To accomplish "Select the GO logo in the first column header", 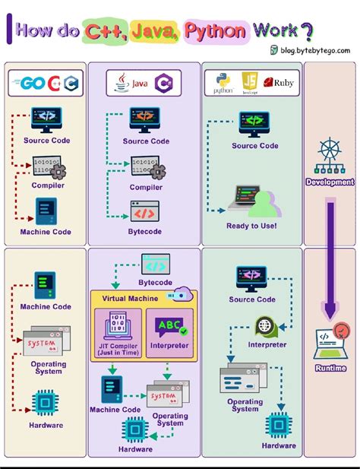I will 31,83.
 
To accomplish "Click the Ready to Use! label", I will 251,226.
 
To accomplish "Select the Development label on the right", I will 330,182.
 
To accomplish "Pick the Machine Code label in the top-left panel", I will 46,232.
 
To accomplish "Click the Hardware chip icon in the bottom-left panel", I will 45,402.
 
